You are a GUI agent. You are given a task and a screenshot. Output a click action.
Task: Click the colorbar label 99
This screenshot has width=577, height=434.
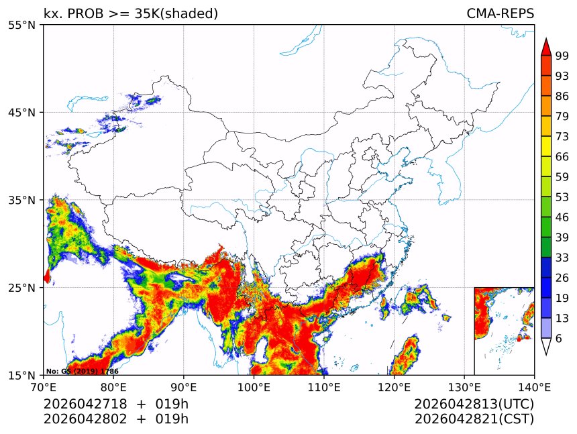click(562, 56)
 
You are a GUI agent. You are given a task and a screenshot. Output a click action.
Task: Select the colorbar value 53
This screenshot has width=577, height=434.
click(562, 197)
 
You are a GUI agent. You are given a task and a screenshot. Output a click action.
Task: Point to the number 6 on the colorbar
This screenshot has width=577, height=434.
click(559, 339)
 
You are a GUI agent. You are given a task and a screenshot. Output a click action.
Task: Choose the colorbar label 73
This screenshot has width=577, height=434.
click(562, 136)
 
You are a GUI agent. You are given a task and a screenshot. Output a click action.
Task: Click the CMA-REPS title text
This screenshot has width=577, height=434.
click(500, 14)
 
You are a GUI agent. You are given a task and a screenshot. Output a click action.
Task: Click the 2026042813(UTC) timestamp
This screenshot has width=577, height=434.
click(474, 404)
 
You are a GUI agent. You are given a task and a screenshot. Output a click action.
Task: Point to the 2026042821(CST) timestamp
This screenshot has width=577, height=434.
click(474, 419)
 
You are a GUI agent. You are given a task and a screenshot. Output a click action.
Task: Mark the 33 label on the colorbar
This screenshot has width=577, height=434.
click(562, 258)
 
